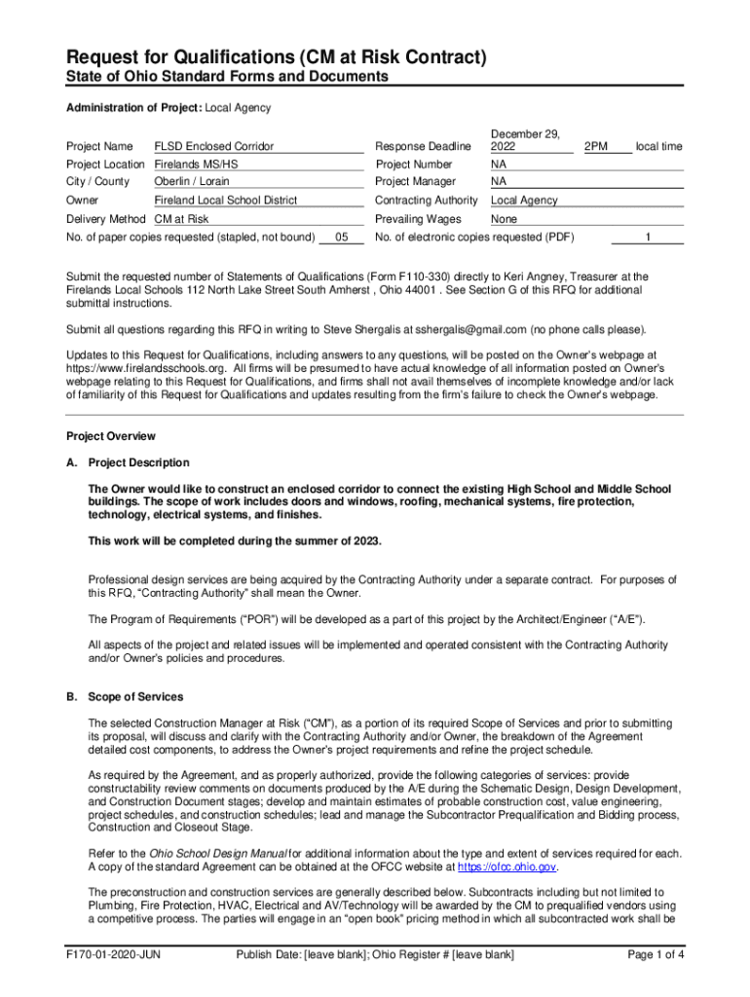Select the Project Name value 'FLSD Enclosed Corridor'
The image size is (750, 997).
tap(214, 146)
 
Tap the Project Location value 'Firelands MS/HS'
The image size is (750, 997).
tap(196, 165)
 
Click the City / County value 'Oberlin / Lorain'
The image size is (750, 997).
tap(192, 182)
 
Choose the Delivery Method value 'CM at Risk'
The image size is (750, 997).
tap(182, 219)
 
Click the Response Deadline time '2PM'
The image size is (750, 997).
tap(595, 146)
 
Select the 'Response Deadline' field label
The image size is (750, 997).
tap(423, 146)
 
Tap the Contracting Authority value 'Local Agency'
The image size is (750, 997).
tap(524, 201)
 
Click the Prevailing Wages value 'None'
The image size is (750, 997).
tap(504, 219)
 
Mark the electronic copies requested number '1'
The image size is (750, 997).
tap(648, 237)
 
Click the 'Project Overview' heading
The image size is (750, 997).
tap(110, 436)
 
